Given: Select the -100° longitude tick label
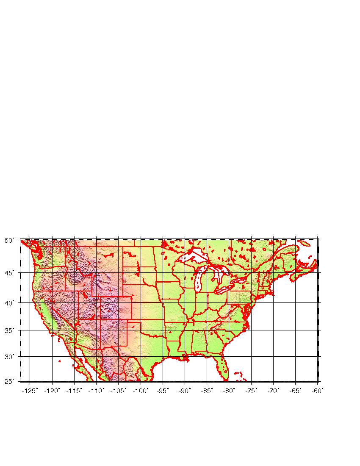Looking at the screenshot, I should (x=140, y=391).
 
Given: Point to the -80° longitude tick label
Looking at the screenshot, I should (x=229, y=391).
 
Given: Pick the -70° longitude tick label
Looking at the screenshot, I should (x=273, y=391).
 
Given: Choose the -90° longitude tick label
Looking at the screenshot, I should (x=185, y=391).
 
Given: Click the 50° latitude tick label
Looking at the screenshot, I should (x=9, y=240).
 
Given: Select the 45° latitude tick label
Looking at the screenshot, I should (x=9, y=272).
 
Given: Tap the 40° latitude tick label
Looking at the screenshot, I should (x=9, y=302).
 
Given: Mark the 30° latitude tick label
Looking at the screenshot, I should (x=9, y=356).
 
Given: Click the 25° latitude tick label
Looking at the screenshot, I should (x=9, y=381).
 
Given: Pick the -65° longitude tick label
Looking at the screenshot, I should (x=295, y=391).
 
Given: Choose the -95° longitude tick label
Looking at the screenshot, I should (x=163, y=391).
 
